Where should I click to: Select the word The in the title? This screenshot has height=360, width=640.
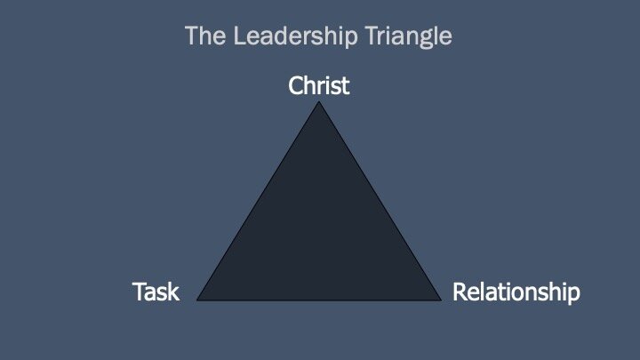(201, 37)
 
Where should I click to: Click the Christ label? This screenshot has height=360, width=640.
(319, 86)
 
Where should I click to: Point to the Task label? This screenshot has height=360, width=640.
(156, 292)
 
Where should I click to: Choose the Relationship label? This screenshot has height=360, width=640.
(516, 292)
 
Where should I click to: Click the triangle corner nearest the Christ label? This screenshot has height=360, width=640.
(319, 104)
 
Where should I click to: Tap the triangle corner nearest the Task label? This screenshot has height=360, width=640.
(198, 300)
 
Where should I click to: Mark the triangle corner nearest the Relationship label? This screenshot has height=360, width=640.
(441, 300)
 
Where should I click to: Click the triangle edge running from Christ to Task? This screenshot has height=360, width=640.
(259, 202)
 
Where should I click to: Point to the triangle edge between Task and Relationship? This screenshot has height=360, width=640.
(319, 300)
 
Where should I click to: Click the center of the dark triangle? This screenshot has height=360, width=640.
(319, 236)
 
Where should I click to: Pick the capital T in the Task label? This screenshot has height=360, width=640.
(138, 292)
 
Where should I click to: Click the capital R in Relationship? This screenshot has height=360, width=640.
(460, 292)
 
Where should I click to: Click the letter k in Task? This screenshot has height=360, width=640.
(173, 292)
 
